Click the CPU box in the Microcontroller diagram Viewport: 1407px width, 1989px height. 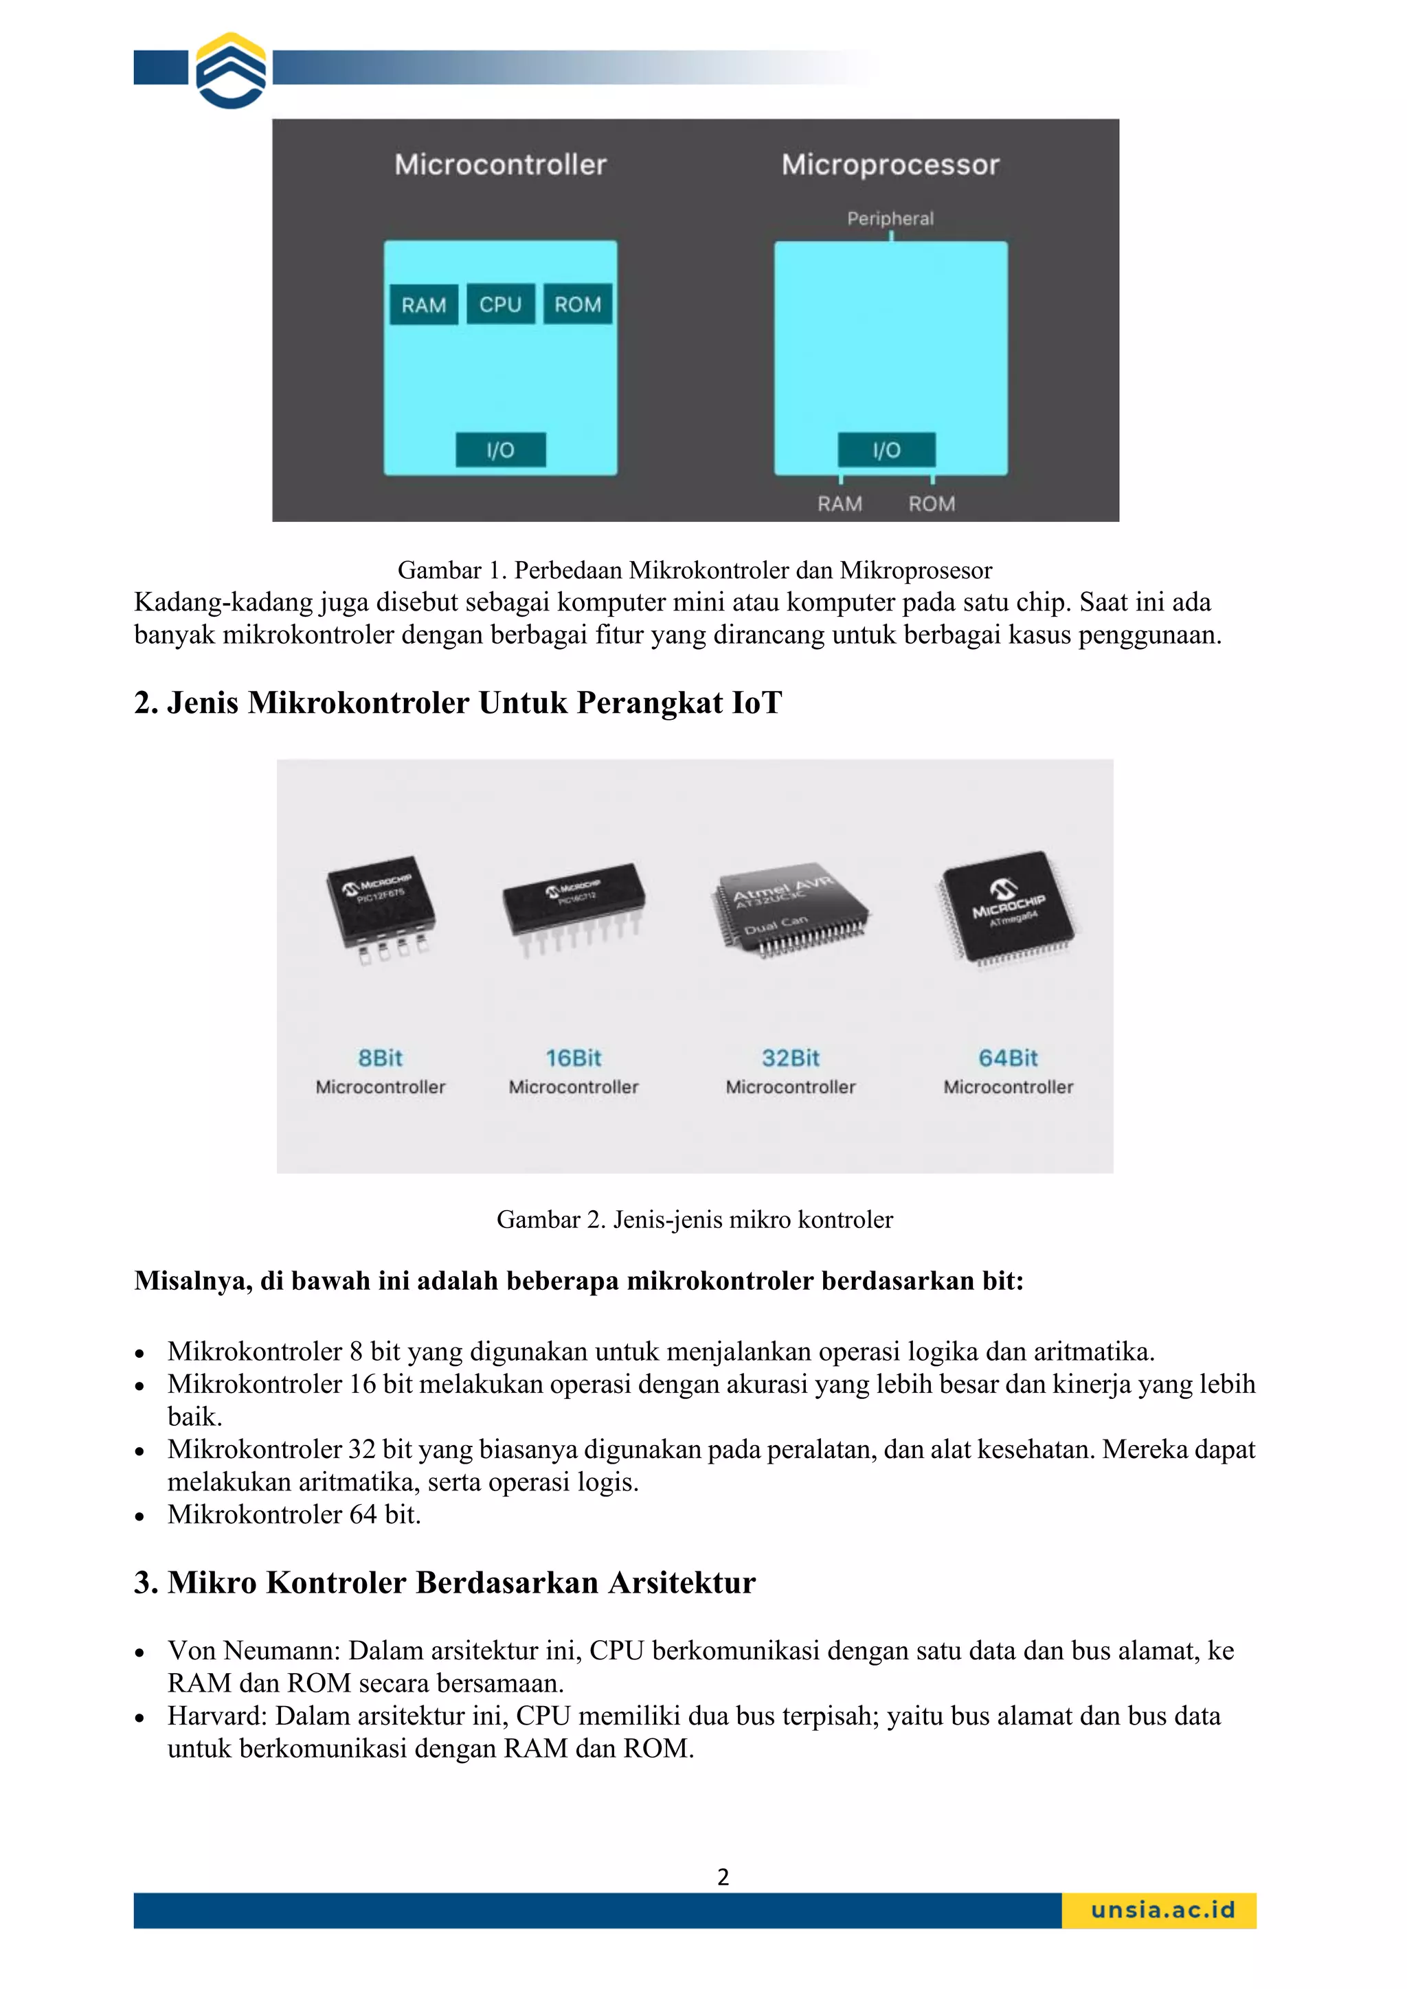[x=500, y=304]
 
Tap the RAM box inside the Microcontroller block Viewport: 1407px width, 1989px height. [x=424, y=305]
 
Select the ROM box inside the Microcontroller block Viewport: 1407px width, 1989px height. [x=578, y=304]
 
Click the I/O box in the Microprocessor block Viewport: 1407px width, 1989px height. [x=886, y=450]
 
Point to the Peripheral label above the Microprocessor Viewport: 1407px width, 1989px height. [x=890, y=218]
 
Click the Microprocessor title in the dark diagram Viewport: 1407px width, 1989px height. [x=890, y=165]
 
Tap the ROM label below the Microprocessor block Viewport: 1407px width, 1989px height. [x=932, y=503]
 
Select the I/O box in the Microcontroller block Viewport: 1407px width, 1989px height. [x=501, y=450]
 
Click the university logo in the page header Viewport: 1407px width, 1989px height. [x=230, y=70]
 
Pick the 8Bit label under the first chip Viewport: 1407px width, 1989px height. [x=381, y=1058]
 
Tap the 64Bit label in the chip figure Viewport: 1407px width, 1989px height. [x=1008, y=1058]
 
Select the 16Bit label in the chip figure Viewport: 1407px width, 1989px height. [x=574, y=1058]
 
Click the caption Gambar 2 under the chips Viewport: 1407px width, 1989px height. [x=694, y=1219]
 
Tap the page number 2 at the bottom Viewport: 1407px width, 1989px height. [x=723, y=1877]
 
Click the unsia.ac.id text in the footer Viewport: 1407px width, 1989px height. [x=1162, y=1909]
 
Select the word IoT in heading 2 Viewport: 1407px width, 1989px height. [x=756, y=703]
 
